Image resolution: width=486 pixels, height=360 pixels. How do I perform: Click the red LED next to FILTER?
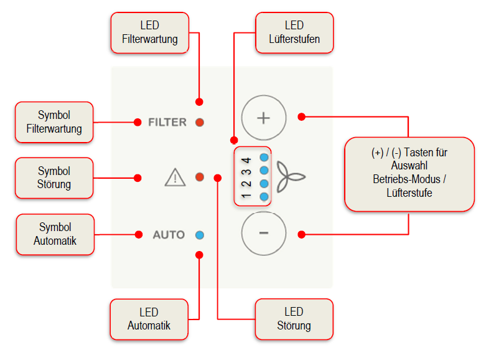(200, 122)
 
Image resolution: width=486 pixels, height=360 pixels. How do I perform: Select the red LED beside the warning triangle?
(200, 178)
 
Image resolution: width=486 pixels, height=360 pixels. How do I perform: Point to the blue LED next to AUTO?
(200, 235)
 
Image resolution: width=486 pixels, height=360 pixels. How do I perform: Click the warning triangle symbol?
(175, 178)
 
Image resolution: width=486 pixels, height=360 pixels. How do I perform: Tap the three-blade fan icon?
(291, 177)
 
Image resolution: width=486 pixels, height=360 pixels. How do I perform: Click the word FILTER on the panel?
(167, 122)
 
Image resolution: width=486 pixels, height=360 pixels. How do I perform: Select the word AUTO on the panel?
(169, 235)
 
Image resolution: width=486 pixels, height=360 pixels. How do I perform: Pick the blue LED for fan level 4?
(264, 158)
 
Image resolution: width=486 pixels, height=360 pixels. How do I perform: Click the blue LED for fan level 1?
(264, 196)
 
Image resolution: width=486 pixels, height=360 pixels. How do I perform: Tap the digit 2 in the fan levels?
(246, 184)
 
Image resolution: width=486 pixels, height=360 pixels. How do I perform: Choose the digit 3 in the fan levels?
(246, 172)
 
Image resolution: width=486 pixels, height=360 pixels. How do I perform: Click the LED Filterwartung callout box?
(150, 32)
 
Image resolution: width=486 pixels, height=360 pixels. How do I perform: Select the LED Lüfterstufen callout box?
(294, 32)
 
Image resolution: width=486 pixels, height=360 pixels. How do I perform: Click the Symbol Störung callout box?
(54, 178)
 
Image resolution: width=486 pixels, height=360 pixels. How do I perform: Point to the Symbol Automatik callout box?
(55, 234)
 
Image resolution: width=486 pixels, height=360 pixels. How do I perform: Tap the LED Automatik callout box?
(149, 320)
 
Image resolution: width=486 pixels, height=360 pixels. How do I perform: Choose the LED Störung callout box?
(294, 319)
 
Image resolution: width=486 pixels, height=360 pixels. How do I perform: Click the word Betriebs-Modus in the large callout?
(406, 179)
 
